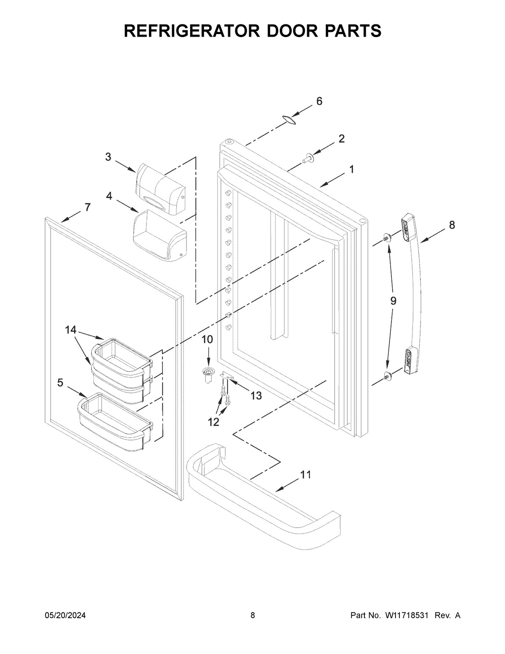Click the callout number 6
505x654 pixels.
click(x=319, y=101)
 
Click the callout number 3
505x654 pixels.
click(x=108, y=157)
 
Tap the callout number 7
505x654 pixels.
click(x=87, y=207)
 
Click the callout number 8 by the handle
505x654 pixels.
click(x=452, y=225)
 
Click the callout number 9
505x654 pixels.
click(x=393, y=301)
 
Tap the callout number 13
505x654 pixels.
click(x=256, y=395)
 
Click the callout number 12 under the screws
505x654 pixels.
click(x=214, y=422)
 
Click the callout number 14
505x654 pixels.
click(x=71, y=330)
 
